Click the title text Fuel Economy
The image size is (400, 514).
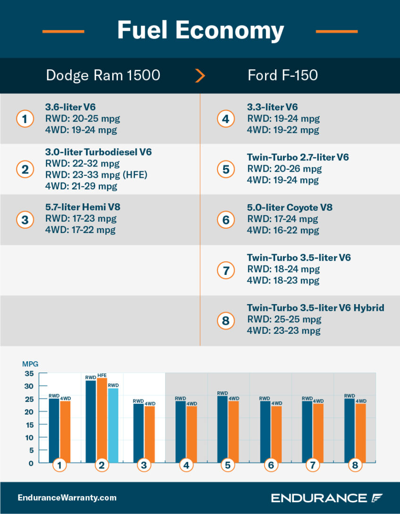click(200, 30)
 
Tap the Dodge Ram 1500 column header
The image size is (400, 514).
click(103, 75)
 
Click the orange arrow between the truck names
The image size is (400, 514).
click(200, 75)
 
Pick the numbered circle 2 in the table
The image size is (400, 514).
click(25, 169)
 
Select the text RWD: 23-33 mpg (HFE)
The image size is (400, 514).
click(96, 175)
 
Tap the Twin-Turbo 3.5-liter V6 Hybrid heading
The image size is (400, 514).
click(316, 308)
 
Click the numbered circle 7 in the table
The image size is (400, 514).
click(226, 270)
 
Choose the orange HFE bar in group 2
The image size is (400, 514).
click(102, 420)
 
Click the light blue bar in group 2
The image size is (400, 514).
click(113, 425)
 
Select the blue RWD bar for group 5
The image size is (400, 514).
click(223, 429)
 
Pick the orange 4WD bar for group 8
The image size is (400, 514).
click(360, 432)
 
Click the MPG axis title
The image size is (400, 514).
click(30, 364)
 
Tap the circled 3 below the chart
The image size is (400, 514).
click(144, 465)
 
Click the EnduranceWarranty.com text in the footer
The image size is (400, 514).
click(67, 497)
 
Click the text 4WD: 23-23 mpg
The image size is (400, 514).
click(283, 331)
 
